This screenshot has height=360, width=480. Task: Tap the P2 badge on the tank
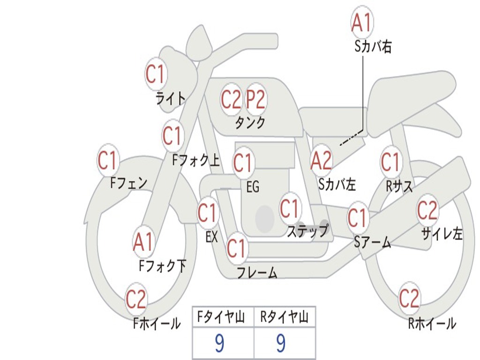[256, 99]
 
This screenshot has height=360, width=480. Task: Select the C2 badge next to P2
[231, 99]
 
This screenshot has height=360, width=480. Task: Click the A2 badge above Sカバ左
[321, 161]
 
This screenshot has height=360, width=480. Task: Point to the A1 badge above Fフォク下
[143, 242]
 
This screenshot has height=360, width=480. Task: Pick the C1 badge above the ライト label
[156, 74]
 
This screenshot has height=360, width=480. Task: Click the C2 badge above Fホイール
[136, 300]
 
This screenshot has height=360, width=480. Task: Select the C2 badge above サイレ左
[427, 210]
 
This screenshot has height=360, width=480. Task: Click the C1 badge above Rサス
[390, 162]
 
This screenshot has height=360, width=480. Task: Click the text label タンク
[250, 123]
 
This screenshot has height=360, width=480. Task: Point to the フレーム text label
[257, 272]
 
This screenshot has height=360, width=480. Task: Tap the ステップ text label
[307, 232]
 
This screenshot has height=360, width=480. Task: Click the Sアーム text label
[372, 242]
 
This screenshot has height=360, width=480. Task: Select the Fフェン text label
[129, 182]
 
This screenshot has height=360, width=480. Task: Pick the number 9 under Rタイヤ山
[281, 344]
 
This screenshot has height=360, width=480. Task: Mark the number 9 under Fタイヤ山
[219, 344]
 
